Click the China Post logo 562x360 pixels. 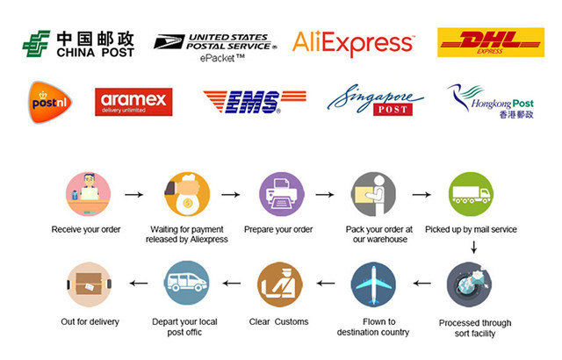78,43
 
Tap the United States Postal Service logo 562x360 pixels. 214,41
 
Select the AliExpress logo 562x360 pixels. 353,42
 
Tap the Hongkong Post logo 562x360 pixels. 488,101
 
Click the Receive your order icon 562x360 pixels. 88,194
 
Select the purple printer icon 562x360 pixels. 280,194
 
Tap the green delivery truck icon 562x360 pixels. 471,194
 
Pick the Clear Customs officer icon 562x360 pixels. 279,284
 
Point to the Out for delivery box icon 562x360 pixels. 89,284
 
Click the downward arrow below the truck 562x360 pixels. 473,248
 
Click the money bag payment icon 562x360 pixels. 186,194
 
